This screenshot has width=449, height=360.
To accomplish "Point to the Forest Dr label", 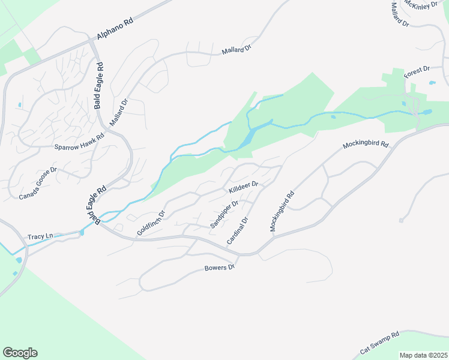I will click(x=418, y=73).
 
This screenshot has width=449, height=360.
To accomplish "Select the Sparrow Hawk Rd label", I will click(x=79, y=141).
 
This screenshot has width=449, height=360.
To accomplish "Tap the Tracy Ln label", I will click(x=40, y=237).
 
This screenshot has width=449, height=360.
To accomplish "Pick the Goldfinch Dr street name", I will click(x=151, y=223).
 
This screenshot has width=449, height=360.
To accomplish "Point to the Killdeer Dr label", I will click(x=243, y=188).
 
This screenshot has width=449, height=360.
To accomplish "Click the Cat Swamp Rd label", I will click(x=379, y=343).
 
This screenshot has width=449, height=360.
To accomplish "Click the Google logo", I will click(x=20, y=353).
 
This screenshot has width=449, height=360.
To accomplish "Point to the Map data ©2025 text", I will click(x=423, y=355).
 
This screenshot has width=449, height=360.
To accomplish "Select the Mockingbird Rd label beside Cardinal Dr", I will click(x=282, y=211).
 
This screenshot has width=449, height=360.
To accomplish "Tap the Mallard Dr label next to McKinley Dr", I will click(x=399, y=14).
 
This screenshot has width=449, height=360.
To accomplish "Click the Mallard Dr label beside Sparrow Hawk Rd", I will click(x=119, y=112).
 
